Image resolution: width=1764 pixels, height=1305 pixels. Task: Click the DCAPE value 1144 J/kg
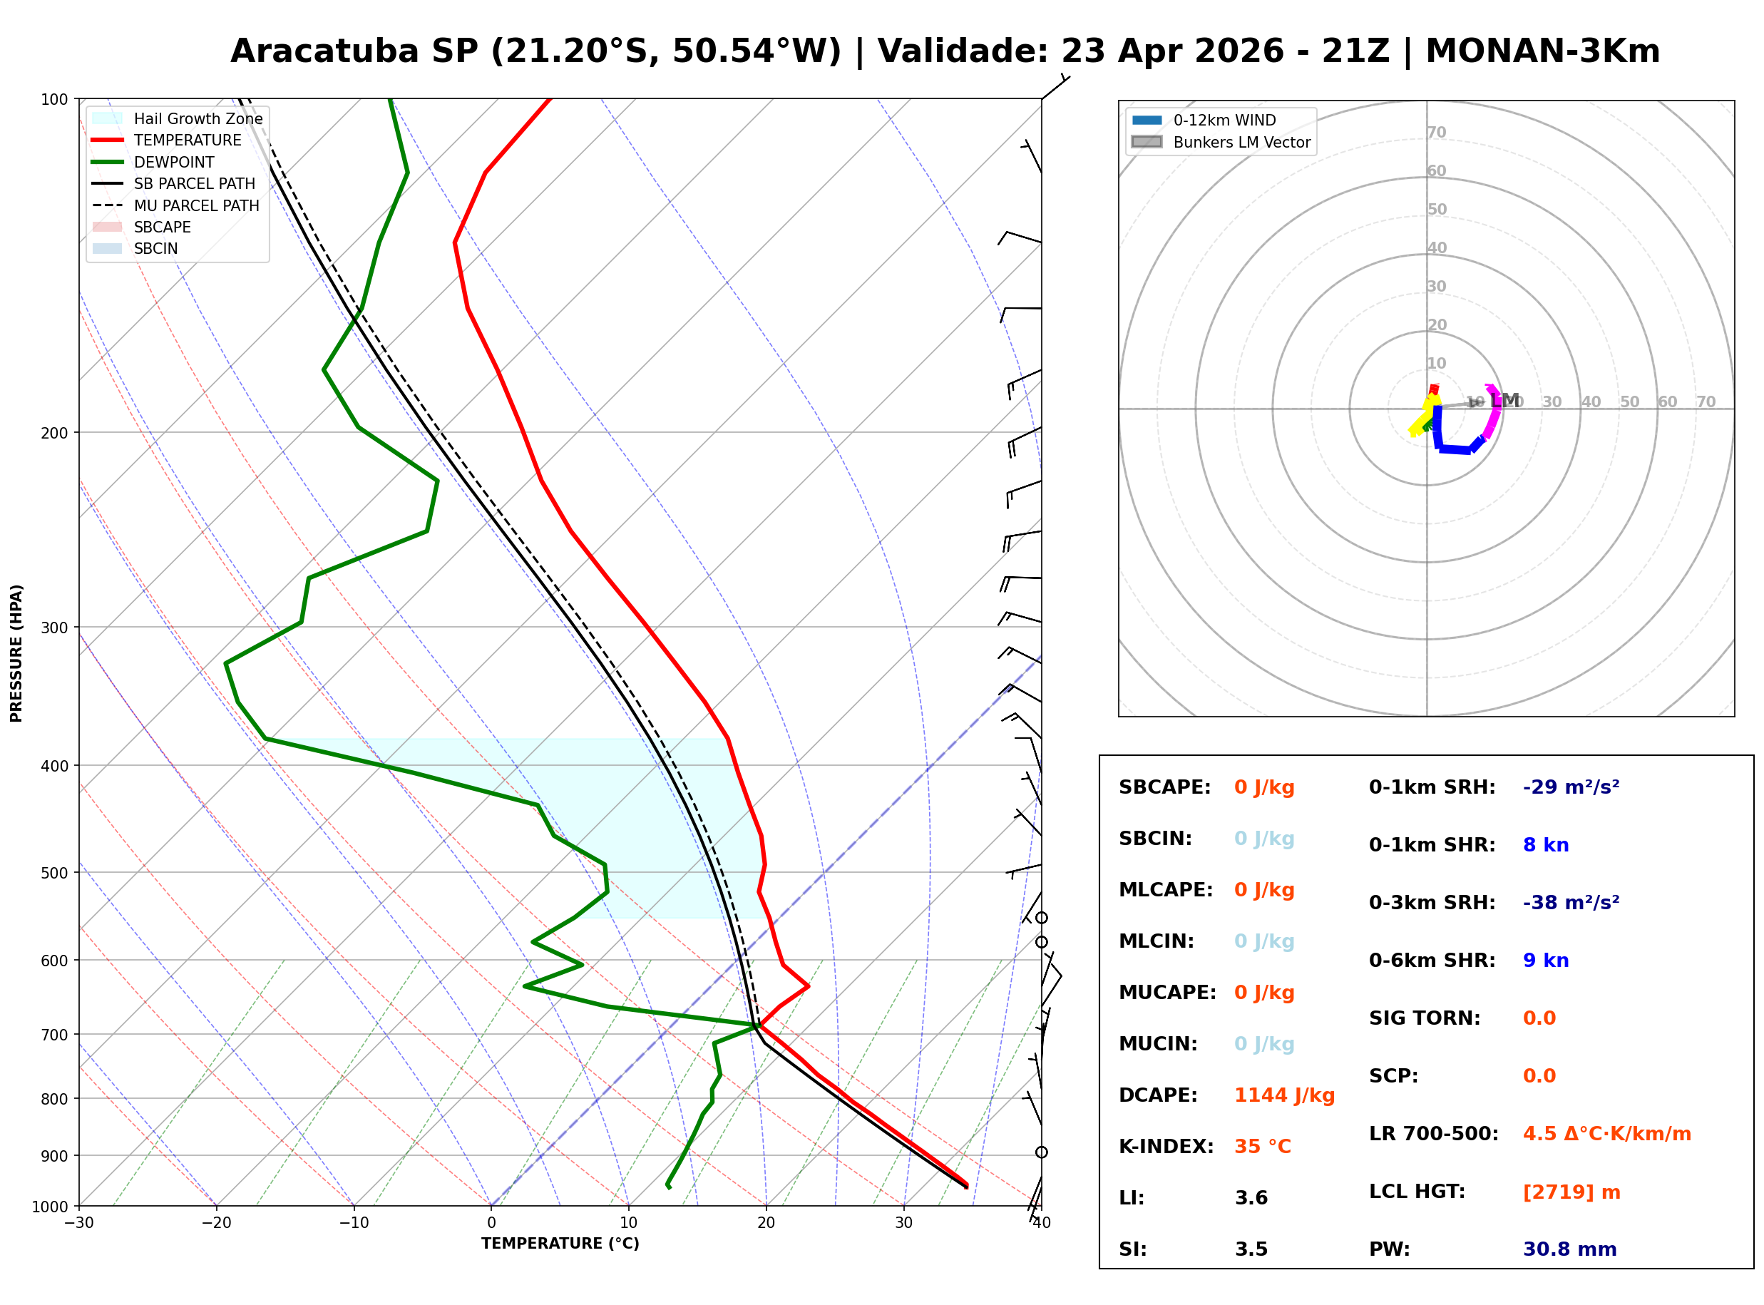(x=1284, y=1095)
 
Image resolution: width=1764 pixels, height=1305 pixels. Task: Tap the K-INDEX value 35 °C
(x=1262, y=1147)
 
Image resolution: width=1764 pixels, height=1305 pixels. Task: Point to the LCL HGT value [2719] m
(x=1571, y=1192)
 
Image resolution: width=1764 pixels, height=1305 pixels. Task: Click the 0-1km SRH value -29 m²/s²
(x=1571, y=787)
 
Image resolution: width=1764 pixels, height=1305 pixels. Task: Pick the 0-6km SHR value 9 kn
(x=1545, y=961)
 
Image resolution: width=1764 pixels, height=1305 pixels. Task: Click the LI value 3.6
(x=1251, y=1198)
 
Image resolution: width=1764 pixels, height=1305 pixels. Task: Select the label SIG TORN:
(x=1425, y=1018)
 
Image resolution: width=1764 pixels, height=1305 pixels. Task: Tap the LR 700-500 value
(x=1606, y=1135)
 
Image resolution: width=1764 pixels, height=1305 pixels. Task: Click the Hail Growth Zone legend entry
(x=198, y=119)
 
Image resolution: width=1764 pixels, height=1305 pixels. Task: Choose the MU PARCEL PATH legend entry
(x=196, y=205)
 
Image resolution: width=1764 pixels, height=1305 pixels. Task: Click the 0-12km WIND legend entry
(x=1224, y=121)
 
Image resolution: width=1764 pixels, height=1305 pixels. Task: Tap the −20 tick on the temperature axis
(x=216, y=1223)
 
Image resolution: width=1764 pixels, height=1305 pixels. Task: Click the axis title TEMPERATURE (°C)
(x=560, y=1244)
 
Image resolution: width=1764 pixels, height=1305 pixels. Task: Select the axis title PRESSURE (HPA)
(x=16, y=653)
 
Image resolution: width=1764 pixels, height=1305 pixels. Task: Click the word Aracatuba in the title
(x=324, y=51)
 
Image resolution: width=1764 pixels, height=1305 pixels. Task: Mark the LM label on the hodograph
(x=1504, y=401)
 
